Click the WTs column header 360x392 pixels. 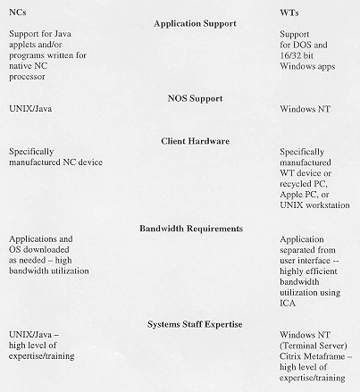(x=289, y=12)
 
